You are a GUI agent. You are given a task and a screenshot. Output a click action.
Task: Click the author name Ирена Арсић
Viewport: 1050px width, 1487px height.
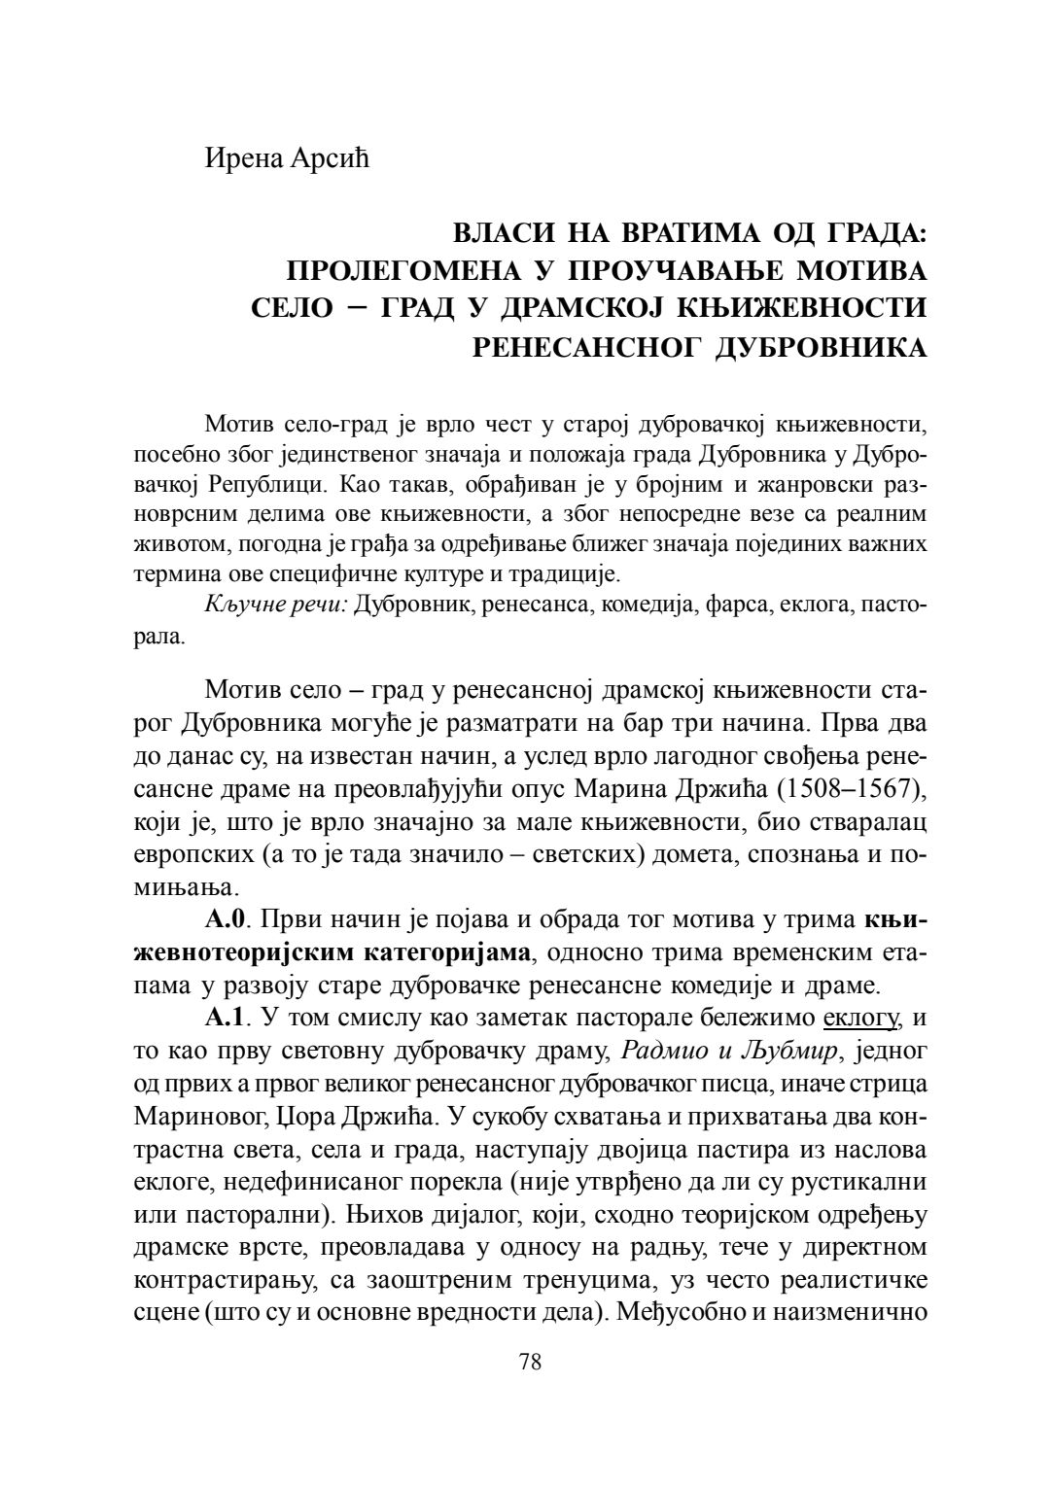pyautogui.click(x=287, y=157)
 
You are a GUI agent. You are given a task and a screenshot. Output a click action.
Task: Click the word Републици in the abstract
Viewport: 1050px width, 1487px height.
pyautogui.click(x=257, y=483)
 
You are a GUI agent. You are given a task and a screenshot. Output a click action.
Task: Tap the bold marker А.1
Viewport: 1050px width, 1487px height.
pyautogui.click(x=228, y=1019)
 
